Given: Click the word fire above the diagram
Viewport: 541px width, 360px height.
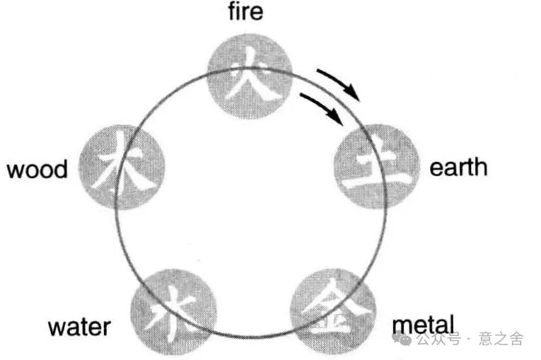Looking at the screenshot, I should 245,13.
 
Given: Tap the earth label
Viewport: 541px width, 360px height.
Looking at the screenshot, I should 458,168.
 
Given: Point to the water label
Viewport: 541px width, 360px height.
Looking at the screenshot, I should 79,327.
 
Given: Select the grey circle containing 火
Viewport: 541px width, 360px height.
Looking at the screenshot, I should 249,74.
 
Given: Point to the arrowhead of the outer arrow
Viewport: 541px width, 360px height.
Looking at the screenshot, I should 358,97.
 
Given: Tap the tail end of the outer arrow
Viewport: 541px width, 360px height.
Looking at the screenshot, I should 318,71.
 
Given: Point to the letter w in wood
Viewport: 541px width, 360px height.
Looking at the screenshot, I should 14,170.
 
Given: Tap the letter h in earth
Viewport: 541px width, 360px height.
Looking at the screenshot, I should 481,167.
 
